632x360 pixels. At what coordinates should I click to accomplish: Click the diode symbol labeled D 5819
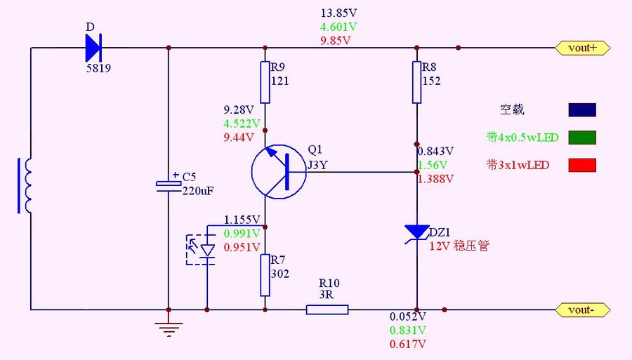click(93, 48)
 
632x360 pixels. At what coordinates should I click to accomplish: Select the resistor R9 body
click(265, 81)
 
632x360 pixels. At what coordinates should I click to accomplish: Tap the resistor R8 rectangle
click(417, 81)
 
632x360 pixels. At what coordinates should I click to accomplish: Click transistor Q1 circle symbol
click(279, 172)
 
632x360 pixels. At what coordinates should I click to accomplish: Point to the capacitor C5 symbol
click(169, 184)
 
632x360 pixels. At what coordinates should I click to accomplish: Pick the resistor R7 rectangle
click(265, 275)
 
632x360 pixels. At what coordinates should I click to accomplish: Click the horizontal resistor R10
click(327, 309)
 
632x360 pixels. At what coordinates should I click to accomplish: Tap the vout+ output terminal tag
click(582, 48)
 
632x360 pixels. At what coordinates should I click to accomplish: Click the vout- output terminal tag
click(582, 309)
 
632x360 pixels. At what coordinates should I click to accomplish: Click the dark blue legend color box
click(582, 110)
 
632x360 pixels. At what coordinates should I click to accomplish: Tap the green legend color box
click(582, 137)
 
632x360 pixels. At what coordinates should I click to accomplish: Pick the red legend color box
click(582, 165)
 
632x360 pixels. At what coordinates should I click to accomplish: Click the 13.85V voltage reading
click(339, 13)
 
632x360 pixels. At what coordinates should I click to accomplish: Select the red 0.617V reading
click(408, 345)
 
